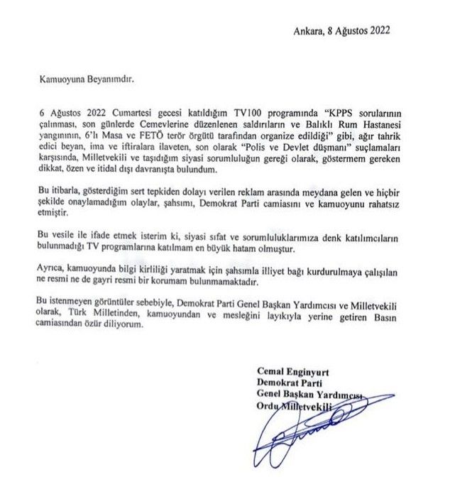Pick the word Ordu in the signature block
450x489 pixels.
pos(267,407)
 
